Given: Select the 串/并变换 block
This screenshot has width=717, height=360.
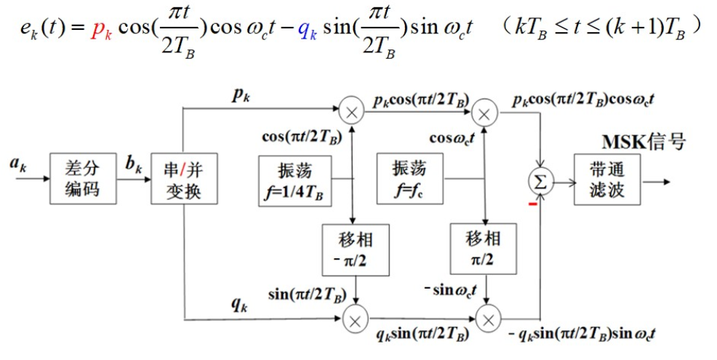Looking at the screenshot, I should coord(176,178).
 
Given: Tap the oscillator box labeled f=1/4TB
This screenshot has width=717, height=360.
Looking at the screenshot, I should coord(294,178).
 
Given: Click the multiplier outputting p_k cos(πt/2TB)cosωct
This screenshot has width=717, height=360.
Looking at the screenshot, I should coord(484,111).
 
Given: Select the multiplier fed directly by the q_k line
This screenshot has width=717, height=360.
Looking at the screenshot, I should coord(356,319).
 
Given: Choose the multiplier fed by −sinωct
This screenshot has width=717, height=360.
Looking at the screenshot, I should coord(488,319).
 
